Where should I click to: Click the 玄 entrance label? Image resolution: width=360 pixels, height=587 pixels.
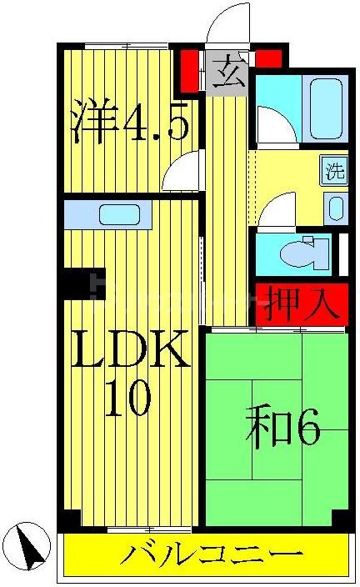pos(227,75)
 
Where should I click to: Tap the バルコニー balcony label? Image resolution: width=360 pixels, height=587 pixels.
pos(212,554)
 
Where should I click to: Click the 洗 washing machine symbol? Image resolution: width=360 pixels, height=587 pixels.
pos(334,173)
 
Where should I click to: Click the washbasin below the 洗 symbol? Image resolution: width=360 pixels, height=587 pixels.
pos(336,207)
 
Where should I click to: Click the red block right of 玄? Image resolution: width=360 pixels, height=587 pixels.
pos(268,59)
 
